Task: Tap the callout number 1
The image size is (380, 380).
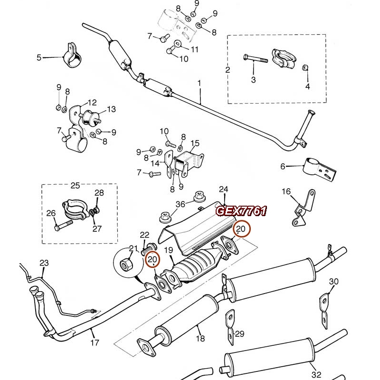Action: click(199, 83)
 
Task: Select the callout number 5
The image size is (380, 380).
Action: click(39, 58)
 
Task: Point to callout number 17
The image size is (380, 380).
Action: click(95, 342)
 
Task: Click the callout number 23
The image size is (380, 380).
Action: click(44, 263)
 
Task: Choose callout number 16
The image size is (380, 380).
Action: click(286, 191)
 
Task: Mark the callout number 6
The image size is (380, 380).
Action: click(283, 166)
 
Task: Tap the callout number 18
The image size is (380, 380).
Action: click(200, 338)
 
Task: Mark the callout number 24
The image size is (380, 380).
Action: click(224, 190)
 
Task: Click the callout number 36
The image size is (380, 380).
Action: click(180, 204)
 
